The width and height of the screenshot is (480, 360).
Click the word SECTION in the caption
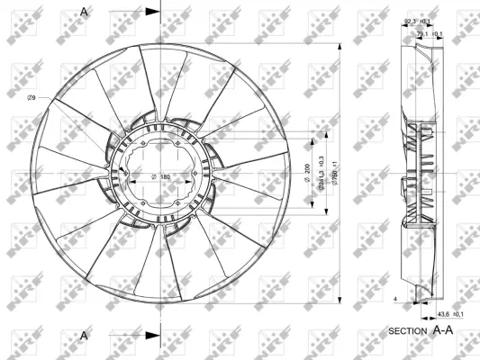pos(407,332)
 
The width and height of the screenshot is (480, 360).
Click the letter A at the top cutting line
pos(85,11)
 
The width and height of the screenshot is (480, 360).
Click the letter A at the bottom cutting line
pos(85,335)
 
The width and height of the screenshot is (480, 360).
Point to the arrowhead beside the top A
pos(151,11)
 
